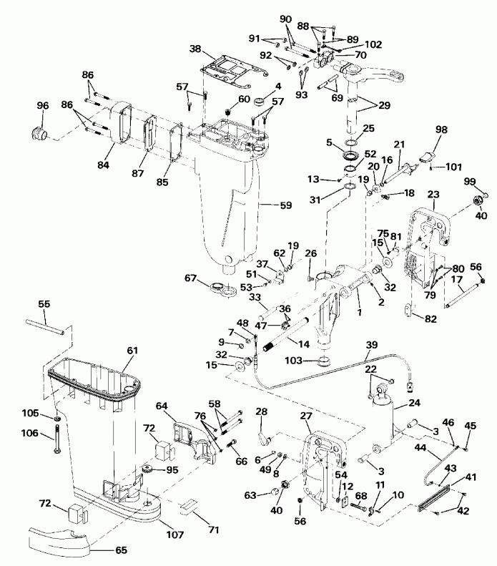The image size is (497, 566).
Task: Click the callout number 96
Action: tap(43, 106)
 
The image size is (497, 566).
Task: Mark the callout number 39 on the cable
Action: tap(371, 345)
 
